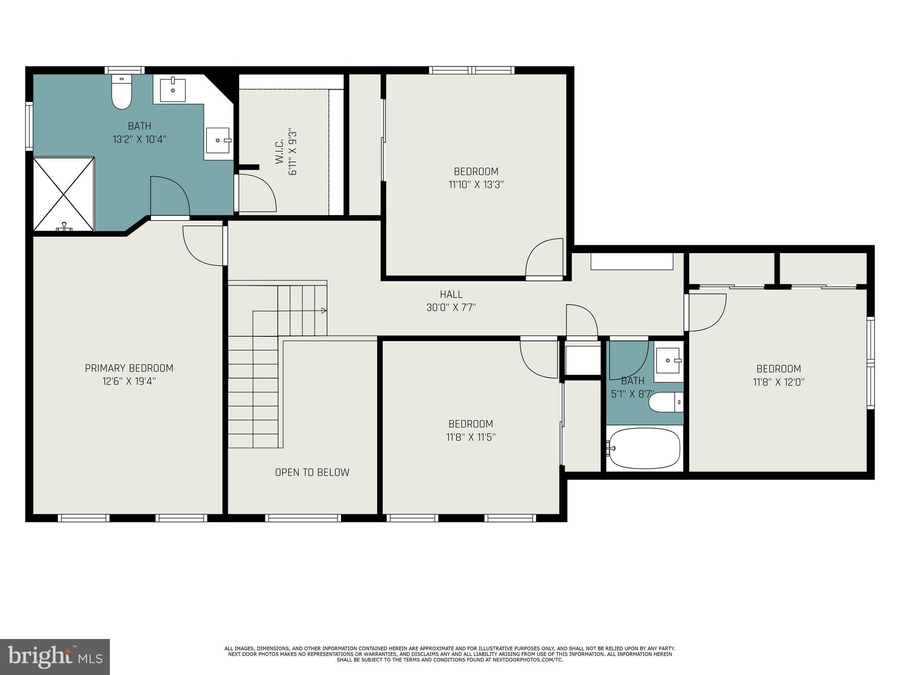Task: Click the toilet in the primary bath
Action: (122, 92)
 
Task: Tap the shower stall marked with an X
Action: (64, 194)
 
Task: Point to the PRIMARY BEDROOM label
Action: (129, 368)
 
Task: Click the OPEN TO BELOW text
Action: (312, 472)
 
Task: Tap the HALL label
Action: (451, 294)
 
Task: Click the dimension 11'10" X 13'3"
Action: (476, 185)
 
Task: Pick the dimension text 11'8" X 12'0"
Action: (779, 382)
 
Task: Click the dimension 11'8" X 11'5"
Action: (471, 437)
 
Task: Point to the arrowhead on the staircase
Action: (324, 311)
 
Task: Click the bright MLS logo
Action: (55, 657)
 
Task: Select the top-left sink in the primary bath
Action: (172, 90)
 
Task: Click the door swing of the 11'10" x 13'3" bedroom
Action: (544, 258)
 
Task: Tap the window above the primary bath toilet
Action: (125, 70)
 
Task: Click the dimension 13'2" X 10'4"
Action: (139, 140)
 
